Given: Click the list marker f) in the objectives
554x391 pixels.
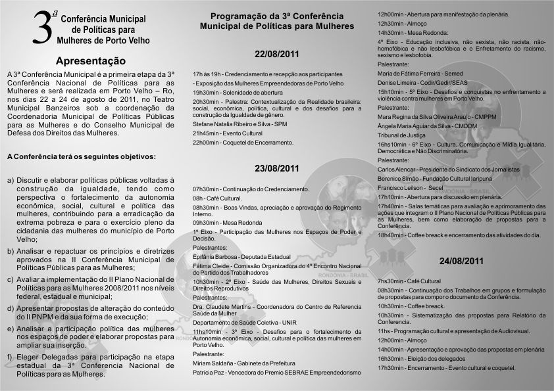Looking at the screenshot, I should click(11, 357).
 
